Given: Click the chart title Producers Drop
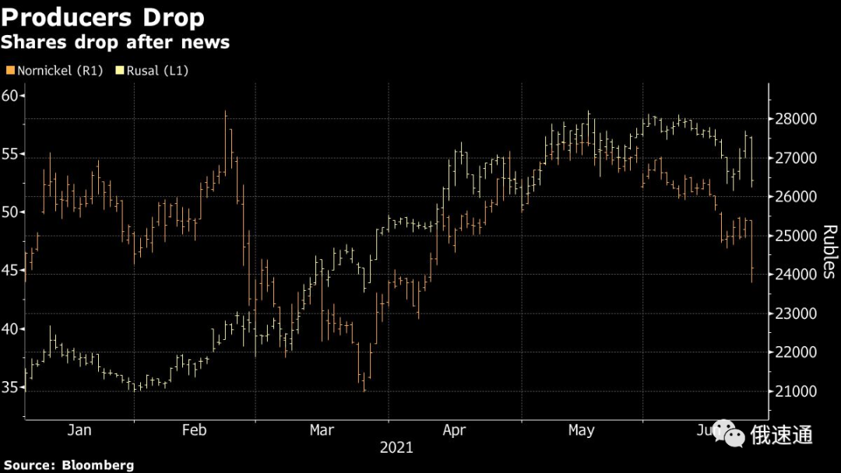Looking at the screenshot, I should point(103,17).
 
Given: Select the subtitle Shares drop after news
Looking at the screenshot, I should point(115,42).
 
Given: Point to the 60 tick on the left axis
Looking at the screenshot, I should point(11,96).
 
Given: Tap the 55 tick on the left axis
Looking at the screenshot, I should point(11,154).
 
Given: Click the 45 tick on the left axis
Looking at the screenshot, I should point(11,271).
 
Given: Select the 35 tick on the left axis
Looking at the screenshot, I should point(11,387).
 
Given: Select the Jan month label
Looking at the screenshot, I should point(79,430).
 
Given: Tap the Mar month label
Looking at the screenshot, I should point(322,430).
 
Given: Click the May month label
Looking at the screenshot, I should point(581,430).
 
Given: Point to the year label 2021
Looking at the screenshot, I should point(396,448).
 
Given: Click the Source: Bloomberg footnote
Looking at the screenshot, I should point(69,465).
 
